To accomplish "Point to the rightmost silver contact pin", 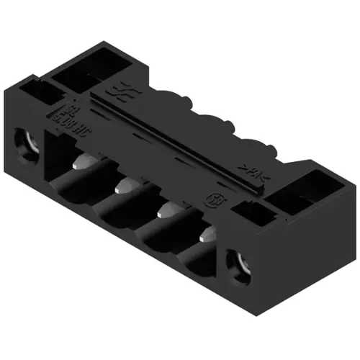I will [x=205, y=236].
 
